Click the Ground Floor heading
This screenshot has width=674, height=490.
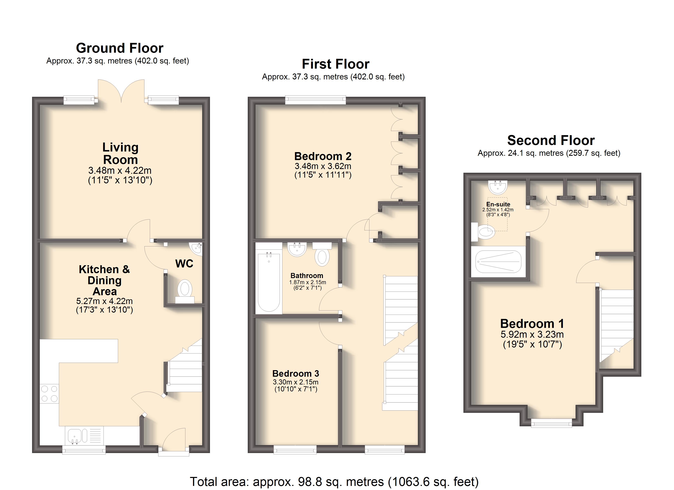click(120, 48)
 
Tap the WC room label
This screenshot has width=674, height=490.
click(184, 264)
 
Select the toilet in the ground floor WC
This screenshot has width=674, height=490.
click(185, 291)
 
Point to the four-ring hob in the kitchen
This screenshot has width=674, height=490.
click(49, 393)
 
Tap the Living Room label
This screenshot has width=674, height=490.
click(120, 153)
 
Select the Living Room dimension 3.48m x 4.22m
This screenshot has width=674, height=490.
click(120, 170)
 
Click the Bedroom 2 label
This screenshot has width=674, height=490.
click(323, 156)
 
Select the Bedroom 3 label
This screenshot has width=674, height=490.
click(296, 373)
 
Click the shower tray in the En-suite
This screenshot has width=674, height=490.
click(498, 262)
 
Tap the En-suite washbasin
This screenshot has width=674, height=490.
click(498, 187)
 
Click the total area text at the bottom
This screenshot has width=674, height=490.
click(334, 482)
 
